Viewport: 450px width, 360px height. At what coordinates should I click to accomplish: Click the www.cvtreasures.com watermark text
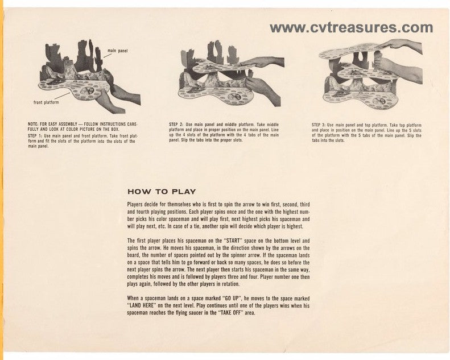click(351, 28)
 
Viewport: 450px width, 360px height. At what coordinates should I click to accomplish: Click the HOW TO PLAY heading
click(162, 192)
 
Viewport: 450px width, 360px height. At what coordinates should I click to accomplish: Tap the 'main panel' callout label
click(118, 51)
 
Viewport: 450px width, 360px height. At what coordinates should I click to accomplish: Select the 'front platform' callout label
click(46, 102)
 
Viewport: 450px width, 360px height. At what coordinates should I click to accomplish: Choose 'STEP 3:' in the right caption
click(319, 125)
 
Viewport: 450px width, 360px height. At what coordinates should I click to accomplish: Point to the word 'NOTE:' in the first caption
click(33, 124)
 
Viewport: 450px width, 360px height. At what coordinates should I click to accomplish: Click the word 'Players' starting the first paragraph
click(135, 205)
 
